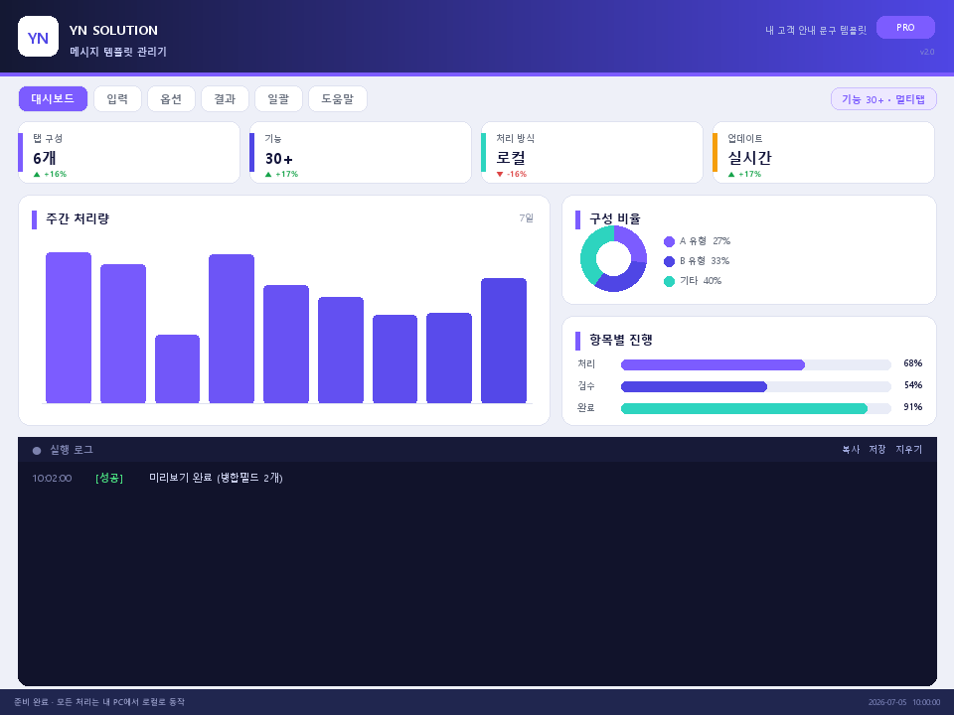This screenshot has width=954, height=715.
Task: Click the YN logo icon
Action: (39, 37)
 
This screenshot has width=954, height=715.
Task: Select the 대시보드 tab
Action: (53, 98)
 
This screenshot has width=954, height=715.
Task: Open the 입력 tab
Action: (117, 98)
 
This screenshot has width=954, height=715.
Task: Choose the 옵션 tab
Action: (171, 98)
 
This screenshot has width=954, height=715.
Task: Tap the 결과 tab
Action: (225, 98)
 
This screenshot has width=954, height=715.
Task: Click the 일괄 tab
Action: (278, 98)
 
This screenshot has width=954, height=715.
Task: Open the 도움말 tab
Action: (338, 98)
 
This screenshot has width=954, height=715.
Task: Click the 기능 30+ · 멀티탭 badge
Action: (883, 99)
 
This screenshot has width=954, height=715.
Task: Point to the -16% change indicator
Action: (512, 174)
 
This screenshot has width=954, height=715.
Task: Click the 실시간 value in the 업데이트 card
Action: (749, 158)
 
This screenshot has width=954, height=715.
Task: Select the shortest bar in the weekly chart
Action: (177, 368)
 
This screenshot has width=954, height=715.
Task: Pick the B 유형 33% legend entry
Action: (697, 261)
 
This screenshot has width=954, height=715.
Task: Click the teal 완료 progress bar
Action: (744, 408)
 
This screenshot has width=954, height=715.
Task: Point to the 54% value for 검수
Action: (912, 385)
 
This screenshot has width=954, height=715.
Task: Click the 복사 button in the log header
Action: (851, 449)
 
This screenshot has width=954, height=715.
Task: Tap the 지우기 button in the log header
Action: (908, 449)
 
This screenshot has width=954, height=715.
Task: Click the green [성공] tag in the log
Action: (109, 478)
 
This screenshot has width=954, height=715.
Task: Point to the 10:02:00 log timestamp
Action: (52, 478)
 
